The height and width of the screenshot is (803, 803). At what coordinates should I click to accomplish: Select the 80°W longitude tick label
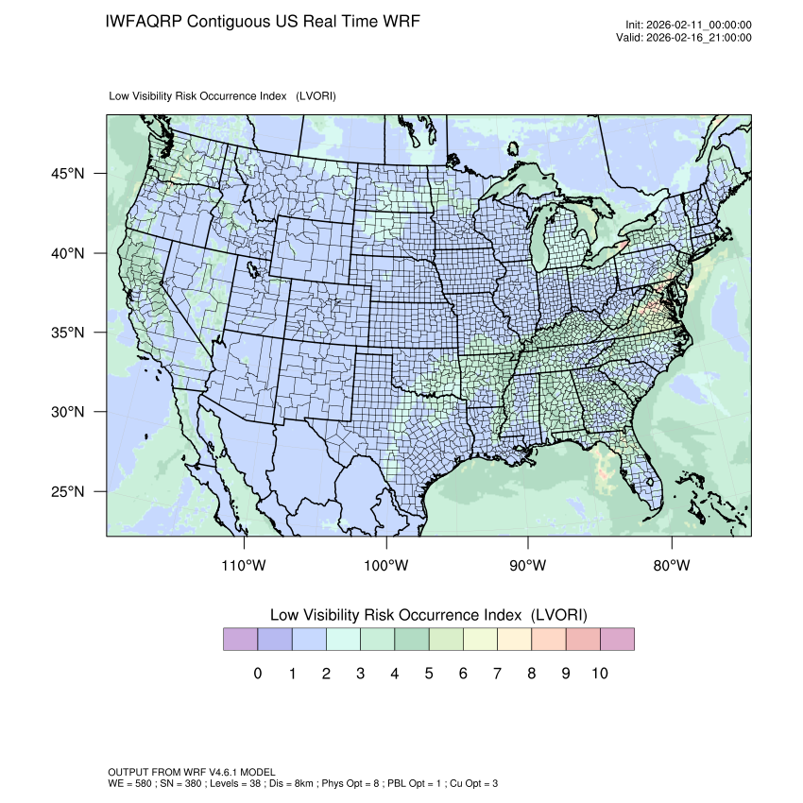click(672, 566)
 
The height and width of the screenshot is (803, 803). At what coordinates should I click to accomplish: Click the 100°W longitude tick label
click(386, 566)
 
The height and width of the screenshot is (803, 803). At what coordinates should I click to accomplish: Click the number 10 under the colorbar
click(599, 674)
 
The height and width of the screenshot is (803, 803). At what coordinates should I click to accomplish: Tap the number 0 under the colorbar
click(257, 674)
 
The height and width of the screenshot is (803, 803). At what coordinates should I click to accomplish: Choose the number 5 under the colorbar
click(428, 674)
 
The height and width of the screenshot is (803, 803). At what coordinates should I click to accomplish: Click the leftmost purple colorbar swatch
click(240, 640)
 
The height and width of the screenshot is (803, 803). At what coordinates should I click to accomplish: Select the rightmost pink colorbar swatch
click(617, 640)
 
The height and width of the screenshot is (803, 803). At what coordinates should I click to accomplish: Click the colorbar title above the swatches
click(429, 615)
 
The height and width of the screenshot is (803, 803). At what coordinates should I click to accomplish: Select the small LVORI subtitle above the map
click(223, 96)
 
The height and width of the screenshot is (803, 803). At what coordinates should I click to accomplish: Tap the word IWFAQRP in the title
click(143, 21)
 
